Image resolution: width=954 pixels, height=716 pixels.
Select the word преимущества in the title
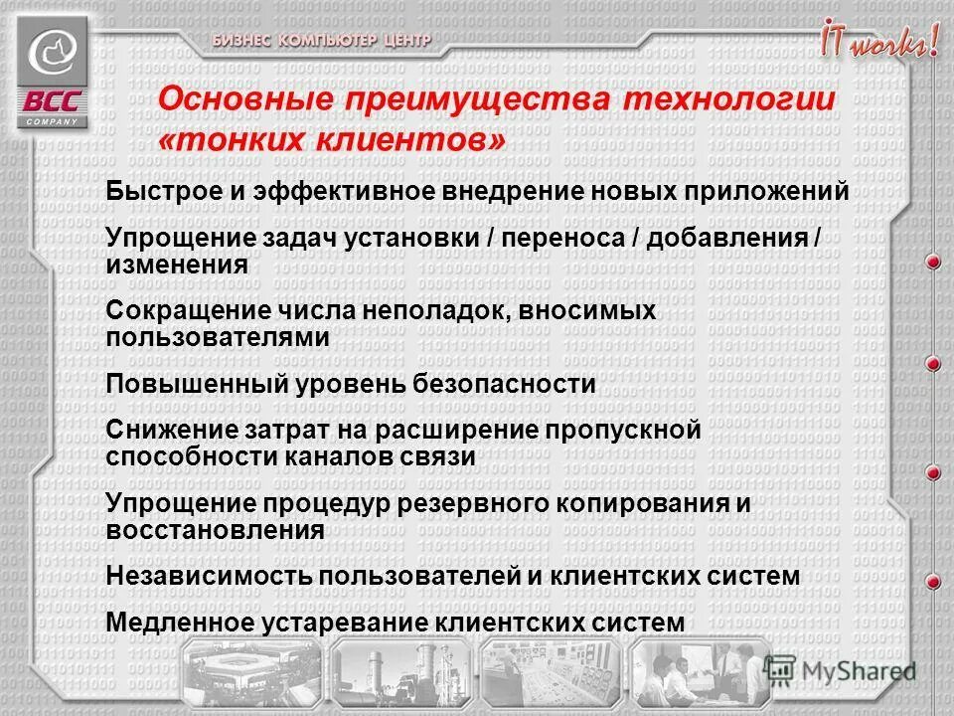coord(475,100)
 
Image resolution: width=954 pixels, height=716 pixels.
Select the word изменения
coord(176,265)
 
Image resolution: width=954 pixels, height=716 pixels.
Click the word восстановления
coord(215,529)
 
